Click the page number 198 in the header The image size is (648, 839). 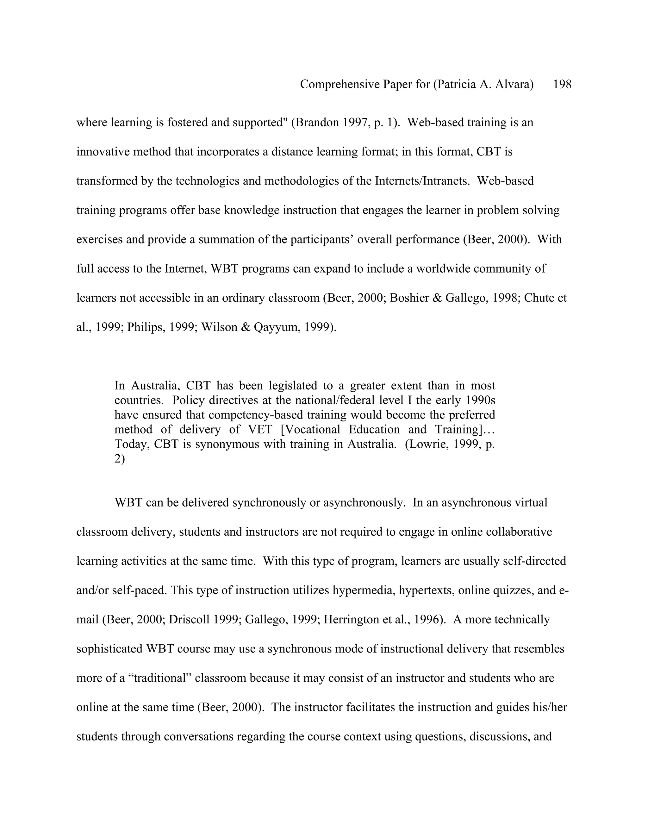[562, 84]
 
